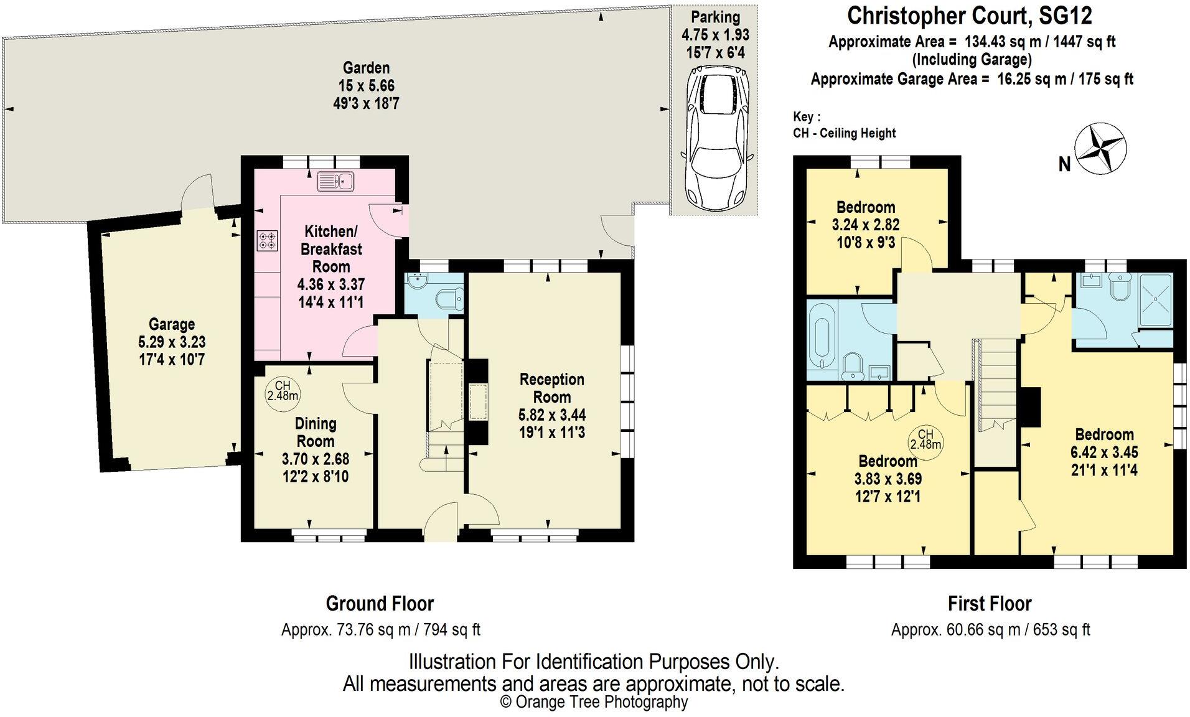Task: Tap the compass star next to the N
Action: click(x=1100, y=149)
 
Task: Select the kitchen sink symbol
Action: click(x=335, y=182)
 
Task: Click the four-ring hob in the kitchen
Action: click(x=268, y=241)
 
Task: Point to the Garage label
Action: click(x=172, y=324)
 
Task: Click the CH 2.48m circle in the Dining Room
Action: click(x=282, y=391)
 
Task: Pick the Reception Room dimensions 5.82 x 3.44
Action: click(x=551, y=415)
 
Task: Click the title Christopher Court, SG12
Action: click(x=969, y=16)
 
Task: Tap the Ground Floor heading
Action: click(x=380, y=603)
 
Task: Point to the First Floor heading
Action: click(x=990, y=603)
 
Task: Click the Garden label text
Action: click(x=366, y=68)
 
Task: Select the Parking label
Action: click(x=715, y=17)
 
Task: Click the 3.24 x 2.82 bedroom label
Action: click(x=865, y=224)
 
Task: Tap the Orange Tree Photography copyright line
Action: click(x=594, y=702)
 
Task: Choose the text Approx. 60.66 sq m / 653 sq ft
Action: click(x=990, y=629)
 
